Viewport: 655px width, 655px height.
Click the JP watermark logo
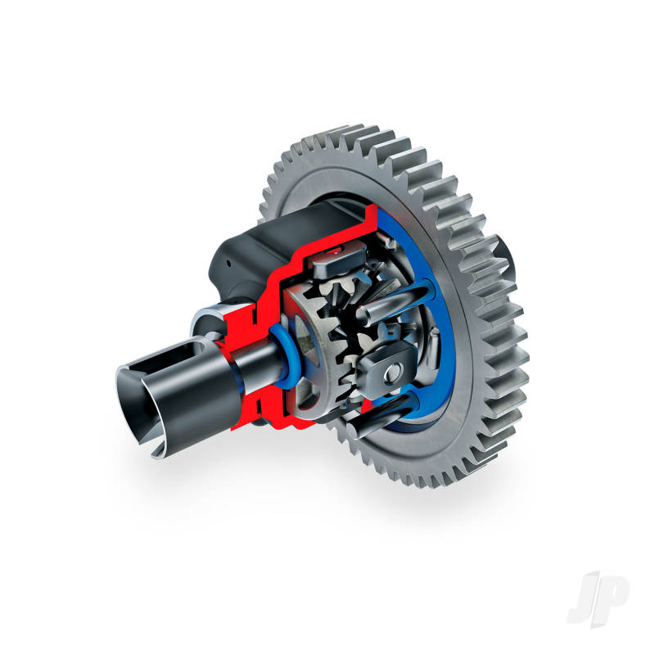click(x=599, y=599)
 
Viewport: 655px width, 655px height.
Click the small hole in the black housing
click(x=228, y=263)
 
